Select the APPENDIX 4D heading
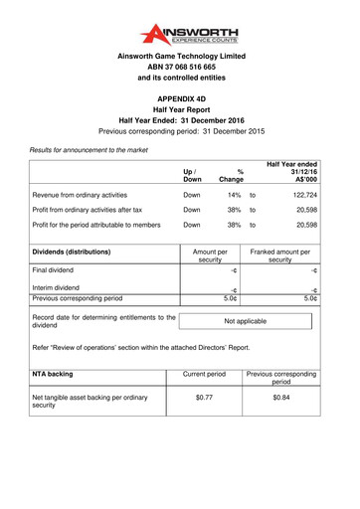click(x=179, y=101)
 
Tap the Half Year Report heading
click(x=179, y=114)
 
